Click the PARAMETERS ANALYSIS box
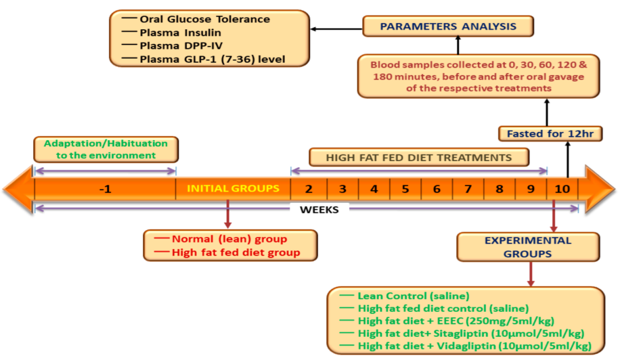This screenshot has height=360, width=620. coord(448,26)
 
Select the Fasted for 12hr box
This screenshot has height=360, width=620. coord(549,133)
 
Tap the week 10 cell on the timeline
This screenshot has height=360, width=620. coord(562,189)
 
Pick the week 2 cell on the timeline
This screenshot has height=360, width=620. coord(309,189)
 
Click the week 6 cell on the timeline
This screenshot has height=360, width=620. coord(437,189)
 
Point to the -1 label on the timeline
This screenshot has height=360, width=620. coord(105,189)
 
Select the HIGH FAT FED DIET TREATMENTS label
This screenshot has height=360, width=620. coord(419,157)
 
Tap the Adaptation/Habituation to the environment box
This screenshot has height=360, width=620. coord(106,149)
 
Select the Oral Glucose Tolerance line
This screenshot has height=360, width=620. coord(205,19)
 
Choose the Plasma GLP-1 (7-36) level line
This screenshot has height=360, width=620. coord(212,59)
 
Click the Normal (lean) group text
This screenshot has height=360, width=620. coord(229,239)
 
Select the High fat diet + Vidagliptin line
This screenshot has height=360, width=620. coord(474,346)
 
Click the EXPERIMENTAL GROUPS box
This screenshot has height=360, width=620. coord(527,247)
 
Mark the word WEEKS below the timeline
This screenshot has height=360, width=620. coord(319,209)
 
